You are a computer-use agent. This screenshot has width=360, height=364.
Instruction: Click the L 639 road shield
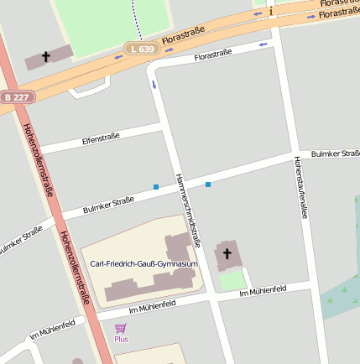[143, 49]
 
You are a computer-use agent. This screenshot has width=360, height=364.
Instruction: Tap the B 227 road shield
[17, 97]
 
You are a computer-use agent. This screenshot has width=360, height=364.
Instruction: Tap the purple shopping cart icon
[121, 328]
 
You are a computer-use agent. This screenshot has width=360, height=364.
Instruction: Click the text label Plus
[121, 339]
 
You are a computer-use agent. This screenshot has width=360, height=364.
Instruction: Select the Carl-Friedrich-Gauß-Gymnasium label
[143, 264]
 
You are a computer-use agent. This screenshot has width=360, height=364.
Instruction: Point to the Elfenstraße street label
[101, 136]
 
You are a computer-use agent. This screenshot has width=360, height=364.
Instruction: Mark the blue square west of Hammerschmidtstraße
[156, 186]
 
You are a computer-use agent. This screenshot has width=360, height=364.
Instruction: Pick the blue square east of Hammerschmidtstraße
[208, 184]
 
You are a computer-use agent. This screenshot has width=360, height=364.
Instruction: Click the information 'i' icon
[271, 11]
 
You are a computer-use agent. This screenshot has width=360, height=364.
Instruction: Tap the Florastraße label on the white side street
[212, 55]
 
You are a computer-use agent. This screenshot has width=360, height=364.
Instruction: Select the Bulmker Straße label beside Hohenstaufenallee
[334, 154]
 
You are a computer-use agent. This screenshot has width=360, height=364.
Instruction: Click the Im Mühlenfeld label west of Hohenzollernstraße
[52, 328]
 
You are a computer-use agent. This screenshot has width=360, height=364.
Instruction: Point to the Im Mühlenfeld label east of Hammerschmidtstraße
[263, 291]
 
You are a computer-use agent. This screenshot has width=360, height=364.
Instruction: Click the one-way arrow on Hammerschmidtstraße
[154, 84]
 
